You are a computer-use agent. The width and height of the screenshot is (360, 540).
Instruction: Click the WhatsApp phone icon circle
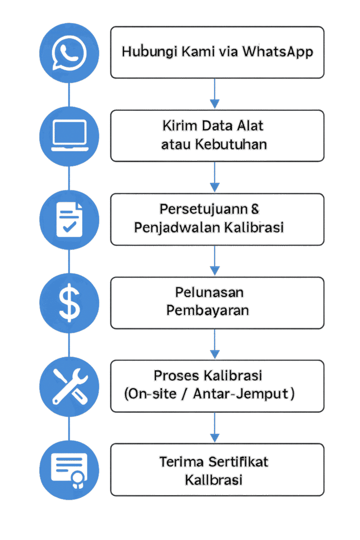point(70,52)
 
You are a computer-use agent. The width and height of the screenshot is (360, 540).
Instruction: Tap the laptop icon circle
point(70,136)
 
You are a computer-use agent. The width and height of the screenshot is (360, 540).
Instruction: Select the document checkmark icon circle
point(70,219)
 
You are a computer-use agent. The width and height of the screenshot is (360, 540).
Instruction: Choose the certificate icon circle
point(70,470)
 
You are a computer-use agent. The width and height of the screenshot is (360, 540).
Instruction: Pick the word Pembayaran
point(208,311)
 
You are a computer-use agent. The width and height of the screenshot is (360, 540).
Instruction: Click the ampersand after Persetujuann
point(255,209)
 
